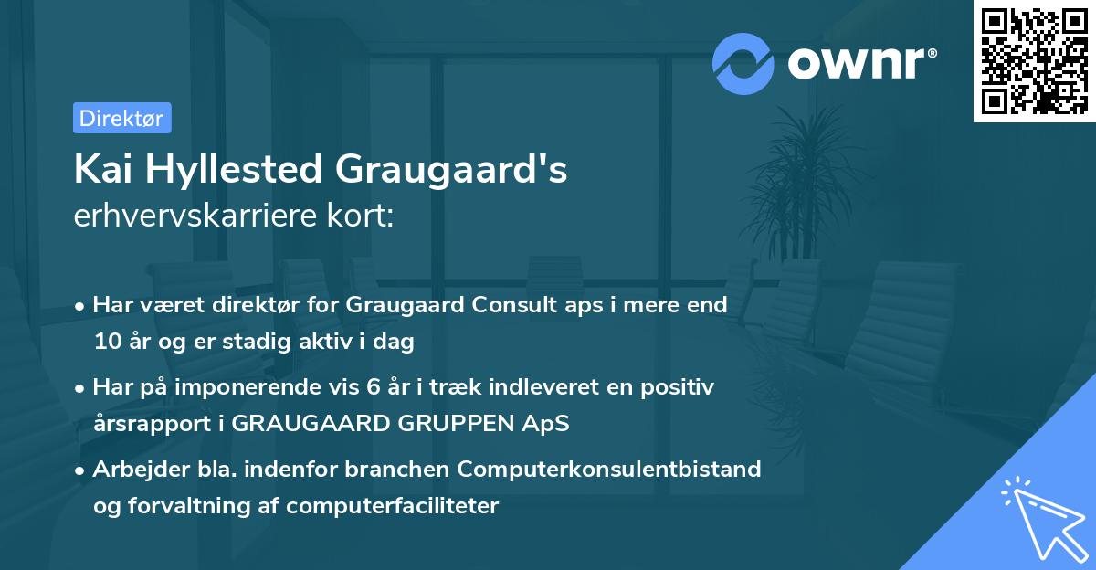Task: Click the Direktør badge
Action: pyautogui.click(x=121, y=118)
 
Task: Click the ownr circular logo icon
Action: pyautogui.click(x=743, y=63)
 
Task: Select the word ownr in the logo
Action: pyautogui.click(x=860, y=63)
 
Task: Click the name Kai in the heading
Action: pyautogui.click(x=100, y=169)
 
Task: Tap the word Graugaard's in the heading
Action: pyautogui.click(x=451, y=171)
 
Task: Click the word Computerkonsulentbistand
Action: pyautogui.click(x=609, y=469)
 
